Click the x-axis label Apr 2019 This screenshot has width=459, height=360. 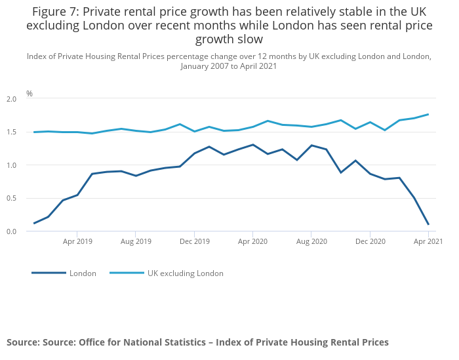coord(77,241)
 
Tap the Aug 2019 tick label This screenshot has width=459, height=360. coord(136,241)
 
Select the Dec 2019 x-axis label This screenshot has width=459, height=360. coord(194,241)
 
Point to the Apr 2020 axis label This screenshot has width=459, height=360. coord(252,241)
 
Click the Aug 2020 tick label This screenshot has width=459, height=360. coord(311,241)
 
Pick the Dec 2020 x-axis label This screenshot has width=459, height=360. coord(370,241)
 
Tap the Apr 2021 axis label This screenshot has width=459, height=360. coord(428,241)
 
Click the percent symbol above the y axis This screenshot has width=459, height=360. coord(30,94)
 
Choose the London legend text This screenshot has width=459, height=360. coord(83,273)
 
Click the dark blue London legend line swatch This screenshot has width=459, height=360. coord(49,273)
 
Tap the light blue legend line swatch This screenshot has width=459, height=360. coord(126,273)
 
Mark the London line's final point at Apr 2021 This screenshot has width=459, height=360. coord(428,224)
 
